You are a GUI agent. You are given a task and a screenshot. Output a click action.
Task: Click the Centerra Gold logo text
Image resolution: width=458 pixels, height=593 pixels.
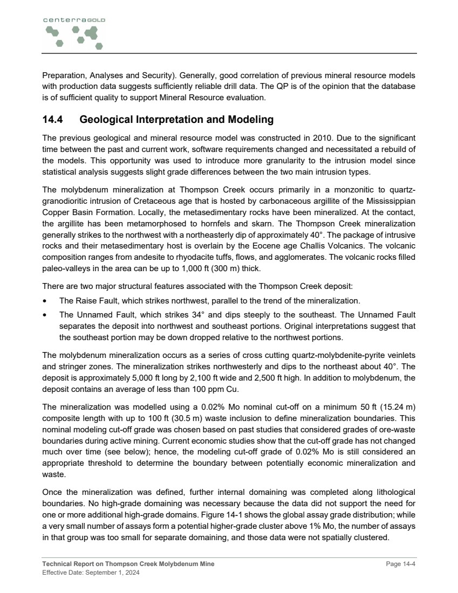click(x=74, y=19)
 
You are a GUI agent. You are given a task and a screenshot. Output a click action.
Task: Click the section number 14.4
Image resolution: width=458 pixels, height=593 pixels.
click(x=54, y=120)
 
